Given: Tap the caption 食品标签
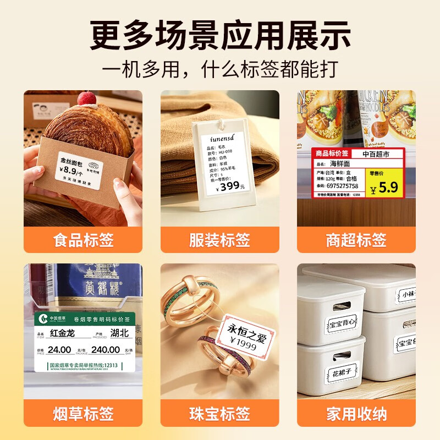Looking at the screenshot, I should tap(83, 240).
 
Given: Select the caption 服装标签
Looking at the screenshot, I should tap(219, 240).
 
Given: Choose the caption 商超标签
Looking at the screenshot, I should tap(356, 240).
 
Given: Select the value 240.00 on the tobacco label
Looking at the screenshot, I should tap(106, 349).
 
